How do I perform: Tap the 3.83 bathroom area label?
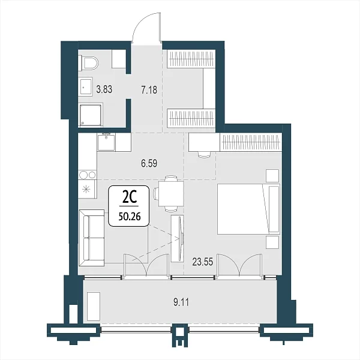click(104, 89)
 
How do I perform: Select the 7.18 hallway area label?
click(149, 90)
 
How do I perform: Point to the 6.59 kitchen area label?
click(149, 163)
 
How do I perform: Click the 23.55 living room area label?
click(203, 262)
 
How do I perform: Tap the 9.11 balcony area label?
click(181, 302)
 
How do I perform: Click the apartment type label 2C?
click(130, 197)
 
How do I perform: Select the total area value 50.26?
click(130, 216)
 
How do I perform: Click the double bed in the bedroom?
click(248, 209)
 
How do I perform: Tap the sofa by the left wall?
click(92, 238)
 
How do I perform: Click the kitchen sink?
click(106, 142)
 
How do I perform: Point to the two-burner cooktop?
click(87, 175)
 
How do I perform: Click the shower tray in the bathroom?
click(91, 115)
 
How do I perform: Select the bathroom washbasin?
click(86, 87)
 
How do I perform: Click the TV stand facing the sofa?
click(177, 238)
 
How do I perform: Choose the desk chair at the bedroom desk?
click(204, 155)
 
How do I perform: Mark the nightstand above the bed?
click(272, 176)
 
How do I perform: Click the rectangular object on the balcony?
click(94, 307)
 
